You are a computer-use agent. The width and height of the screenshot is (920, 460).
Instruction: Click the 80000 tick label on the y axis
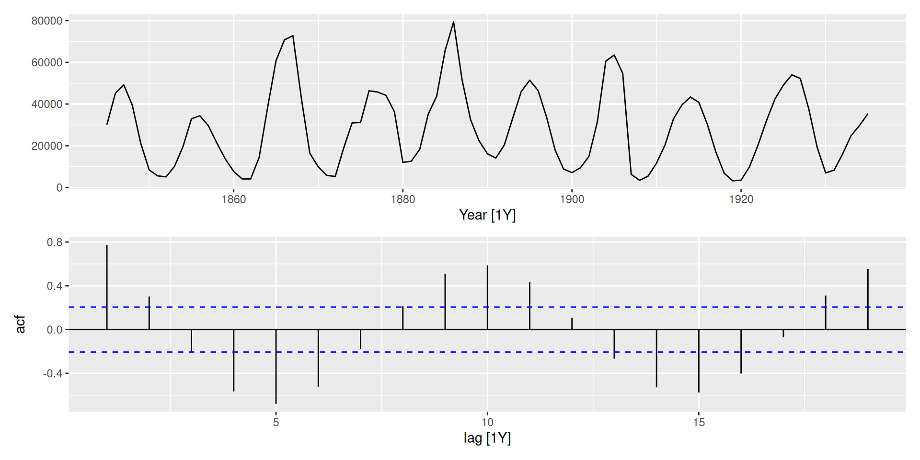[46, 21]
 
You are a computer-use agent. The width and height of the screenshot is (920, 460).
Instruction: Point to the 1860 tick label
[233, 199]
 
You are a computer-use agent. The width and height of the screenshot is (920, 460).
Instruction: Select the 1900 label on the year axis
[572, 199]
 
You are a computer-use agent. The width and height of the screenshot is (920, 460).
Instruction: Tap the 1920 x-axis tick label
[741, 199]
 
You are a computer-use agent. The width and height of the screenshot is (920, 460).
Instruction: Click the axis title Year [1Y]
[487, 215]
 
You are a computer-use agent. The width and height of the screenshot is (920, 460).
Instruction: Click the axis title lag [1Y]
[487, 438]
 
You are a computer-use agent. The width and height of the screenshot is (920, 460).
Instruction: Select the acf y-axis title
[20, 324]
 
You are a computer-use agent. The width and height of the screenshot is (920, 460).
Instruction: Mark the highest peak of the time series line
[453, 22]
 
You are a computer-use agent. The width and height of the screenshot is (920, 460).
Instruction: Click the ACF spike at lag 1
[107, 287]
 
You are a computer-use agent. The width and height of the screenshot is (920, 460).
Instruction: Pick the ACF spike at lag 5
[276, 367]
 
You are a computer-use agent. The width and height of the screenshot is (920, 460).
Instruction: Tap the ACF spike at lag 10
[487, 297]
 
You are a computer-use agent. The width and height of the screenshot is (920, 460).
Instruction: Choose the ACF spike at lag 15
[699, 361]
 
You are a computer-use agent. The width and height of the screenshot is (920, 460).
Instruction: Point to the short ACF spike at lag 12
[572, 323]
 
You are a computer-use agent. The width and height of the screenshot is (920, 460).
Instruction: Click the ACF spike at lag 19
[868, 299]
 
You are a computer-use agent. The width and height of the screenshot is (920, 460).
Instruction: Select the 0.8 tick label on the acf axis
[55, 242]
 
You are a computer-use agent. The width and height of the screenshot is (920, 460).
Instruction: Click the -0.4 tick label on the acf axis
[53, 374]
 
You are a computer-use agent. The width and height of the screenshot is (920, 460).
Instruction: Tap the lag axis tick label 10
[487, 423]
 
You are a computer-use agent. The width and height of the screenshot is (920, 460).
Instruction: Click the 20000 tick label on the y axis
[46, 146]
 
